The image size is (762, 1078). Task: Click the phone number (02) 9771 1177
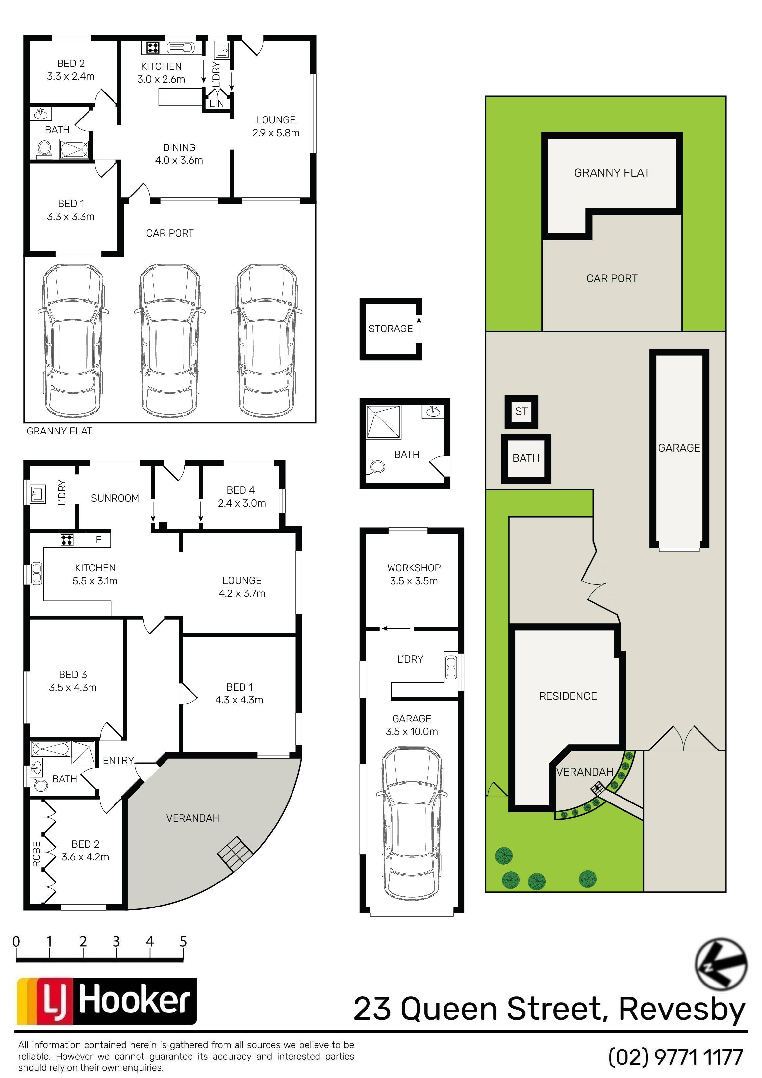[676, 1056]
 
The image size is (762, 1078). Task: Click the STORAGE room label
[391, 329]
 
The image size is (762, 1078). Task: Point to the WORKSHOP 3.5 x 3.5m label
[414, 574]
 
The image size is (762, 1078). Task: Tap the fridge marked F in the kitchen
[98, 539]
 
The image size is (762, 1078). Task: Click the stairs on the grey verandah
[235, 854]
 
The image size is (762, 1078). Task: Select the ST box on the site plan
[521, 411]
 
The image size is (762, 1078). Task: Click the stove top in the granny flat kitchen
[152, 47]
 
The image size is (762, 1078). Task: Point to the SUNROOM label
[115, 498]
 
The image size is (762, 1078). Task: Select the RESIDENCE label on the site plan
[568, 696]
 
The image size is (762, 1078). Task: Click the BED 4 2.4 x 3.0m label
[241, 497]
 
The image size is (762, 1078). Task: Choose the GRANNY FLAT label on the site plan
[612, 173]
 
